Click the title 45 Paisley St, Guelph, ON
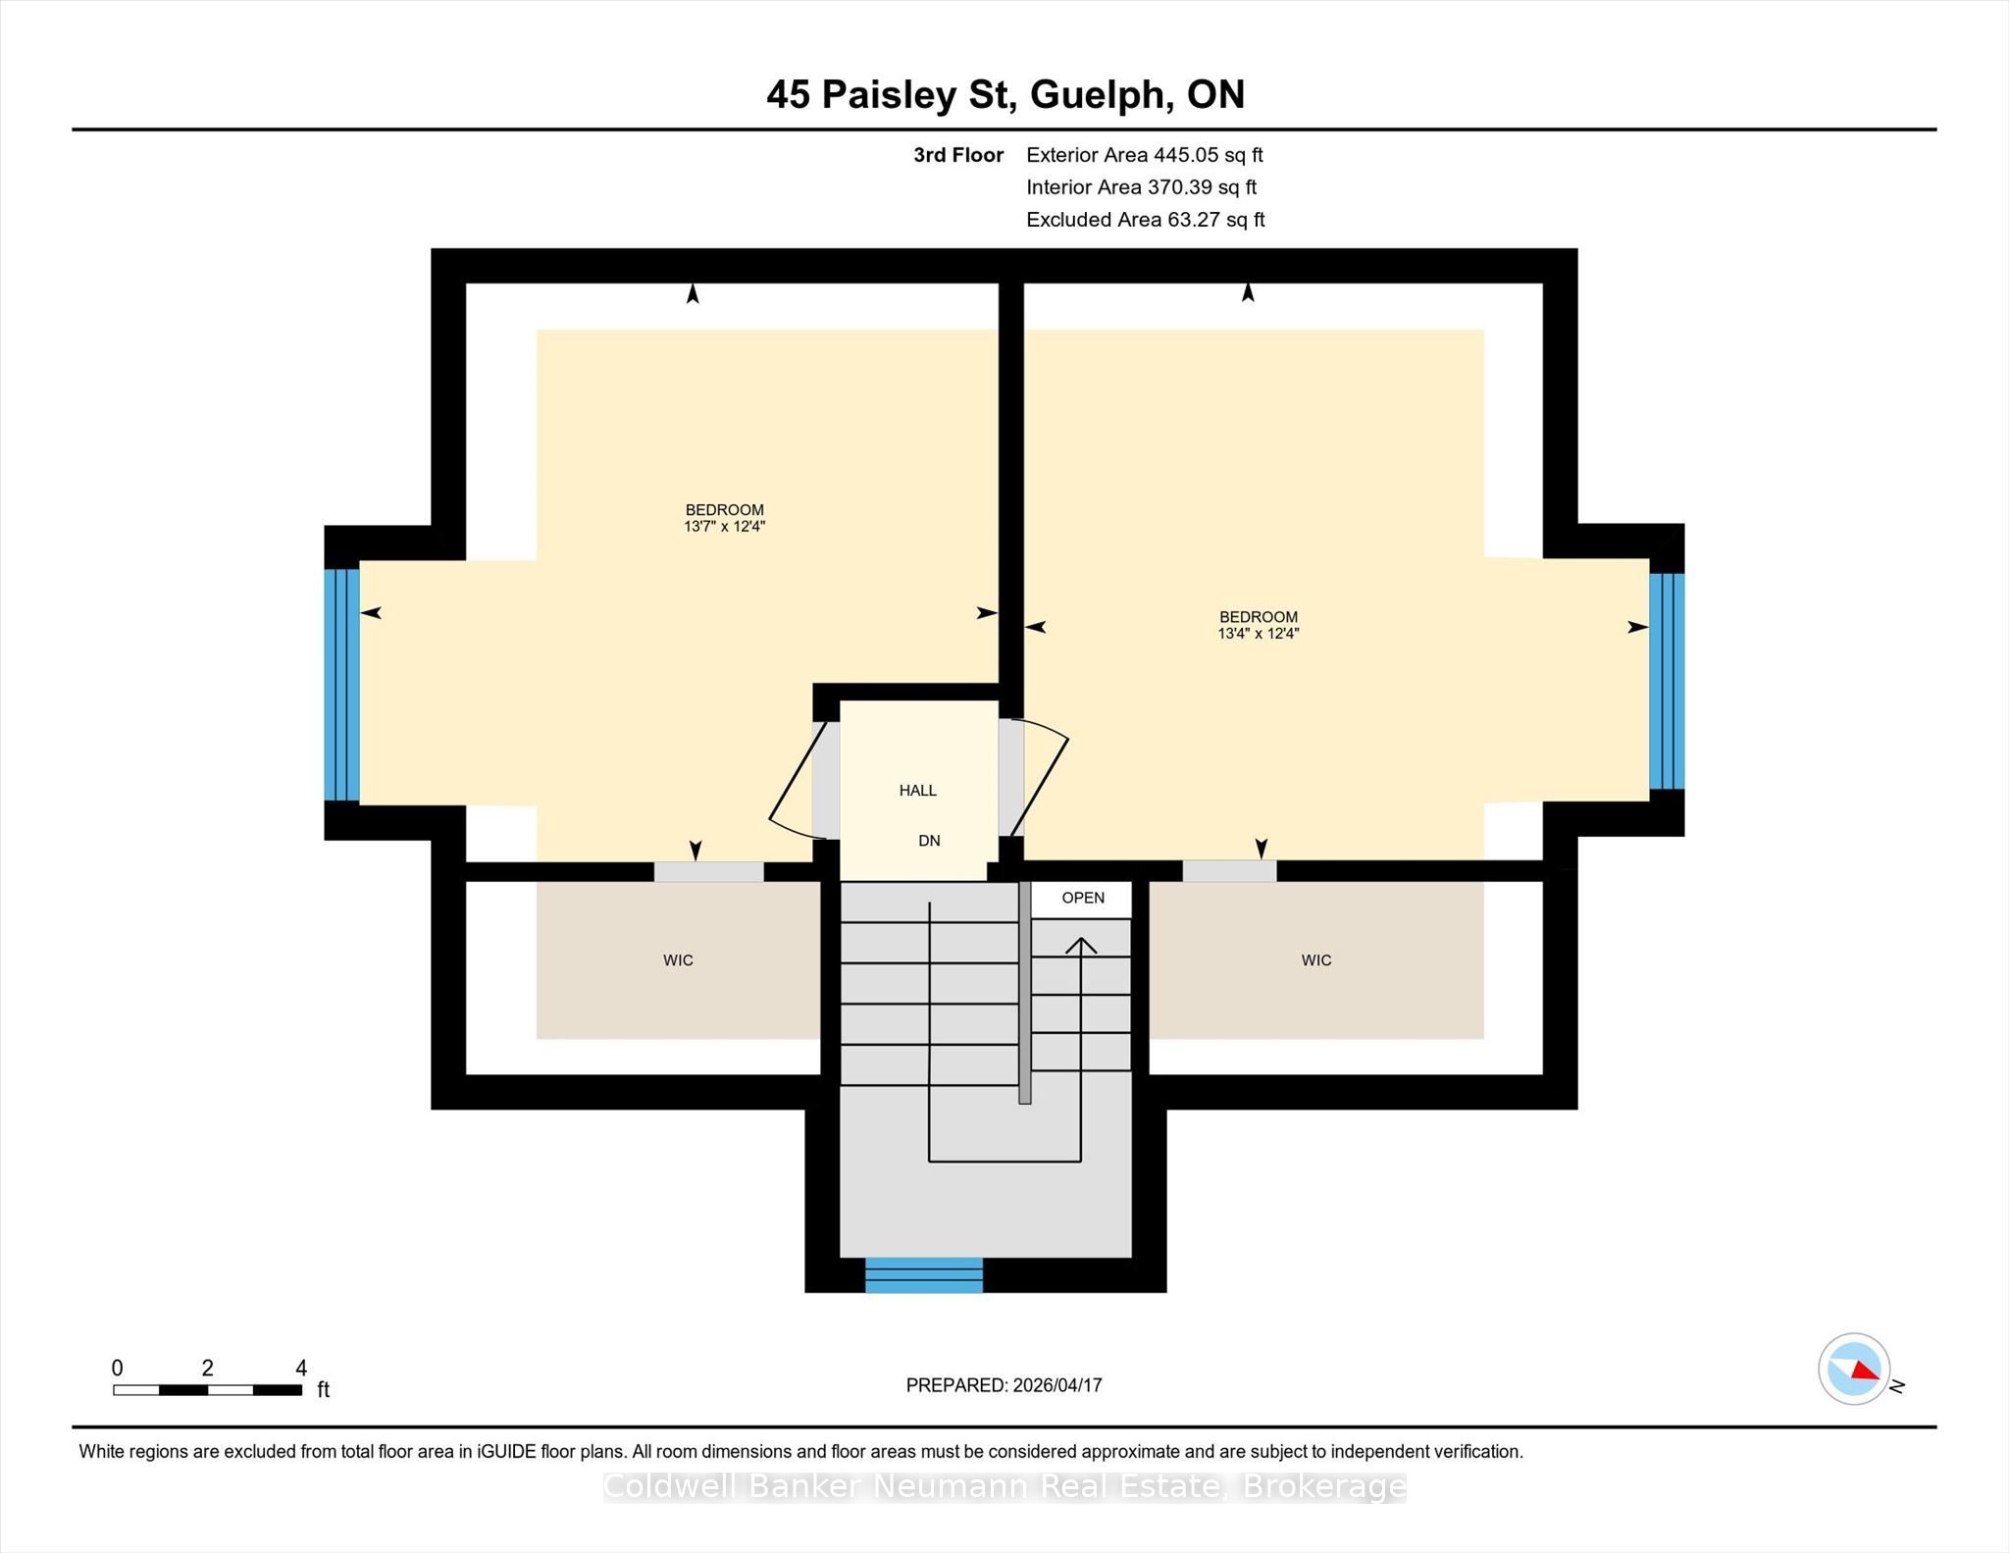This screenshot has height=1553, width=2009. tap(1005, 95)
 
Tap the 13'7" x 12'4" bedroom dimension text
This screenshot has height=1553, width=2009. tap(724, 527)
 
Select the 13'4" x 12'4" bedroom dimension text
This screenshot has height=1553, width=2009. tap(1259, 634)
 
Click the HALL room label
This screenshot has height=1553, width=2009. tap(918, 791)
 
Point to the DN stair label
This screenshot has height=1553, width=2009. tap(929, 841)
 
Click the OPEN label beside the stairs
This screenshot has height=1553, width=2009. tap(1083, 898)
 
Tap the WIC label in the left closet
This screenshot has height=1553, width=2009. tap(678, 960)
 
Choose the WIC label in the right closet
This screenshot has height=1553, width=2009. tap(1316, 960)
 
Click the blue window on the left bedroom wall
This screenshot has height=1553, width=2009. tap(342, 685)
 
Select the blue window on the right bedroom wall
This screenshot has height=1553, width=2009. tap(1667, 682)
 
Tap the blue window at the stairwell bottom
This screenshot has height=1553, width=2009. tap(924, 1275)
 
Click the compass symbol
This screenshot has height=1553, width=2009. tap(1854, 1369)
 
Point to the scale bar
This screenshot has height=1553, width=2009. tap(207, 1389)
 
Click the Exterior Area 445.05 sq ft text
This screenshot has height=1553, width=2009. tap(1145, 155)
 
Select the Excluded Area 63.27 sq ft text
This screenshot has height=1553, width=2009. tap(1146, 220)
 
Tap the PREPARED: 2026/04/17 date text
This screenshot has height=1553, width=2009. tap(1004, 1385)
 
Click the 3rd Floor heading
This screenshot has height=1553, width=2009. tap(958, 155)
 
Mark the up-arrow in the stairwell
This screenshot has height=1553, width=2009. tap(1081, 1050)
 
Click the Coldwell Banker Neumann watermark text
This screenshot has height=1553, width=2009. tap(1004, 1487)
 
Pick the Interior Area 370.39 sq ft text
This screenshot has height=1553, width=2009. tap(1141, 187)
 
